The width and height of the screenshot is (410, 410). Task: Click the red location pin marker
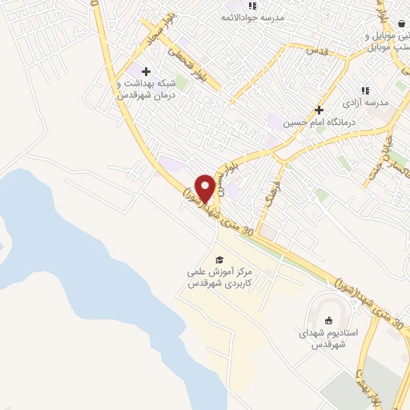[206, 187]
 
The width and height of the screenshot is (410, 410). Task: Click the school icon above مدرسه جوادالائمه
[253, 6]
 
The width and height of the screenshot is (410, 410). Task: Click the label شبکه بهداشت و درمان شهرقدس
[146, 90]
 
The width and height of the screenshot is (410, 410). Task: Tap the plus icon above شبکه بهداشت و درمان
[146, 72]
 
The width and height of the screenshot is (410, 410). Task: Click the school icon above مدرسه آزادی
[365, 90]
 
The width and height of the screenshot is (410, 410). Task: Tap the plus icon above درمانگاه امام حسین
[319, 110]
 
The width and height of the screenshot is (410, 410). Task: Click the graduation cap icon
[219, 259]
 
